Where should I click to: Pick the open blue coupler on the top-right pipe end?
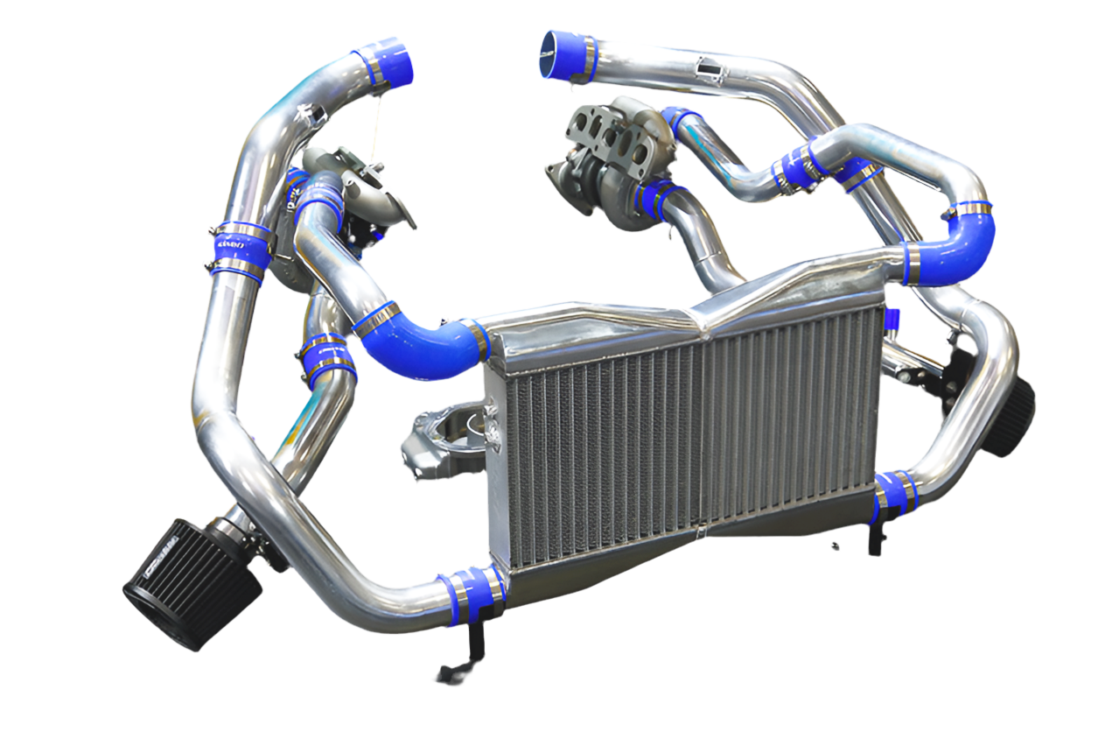click(567, 54)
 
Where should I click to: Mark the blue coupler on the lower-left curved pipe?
click(328, 359)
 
